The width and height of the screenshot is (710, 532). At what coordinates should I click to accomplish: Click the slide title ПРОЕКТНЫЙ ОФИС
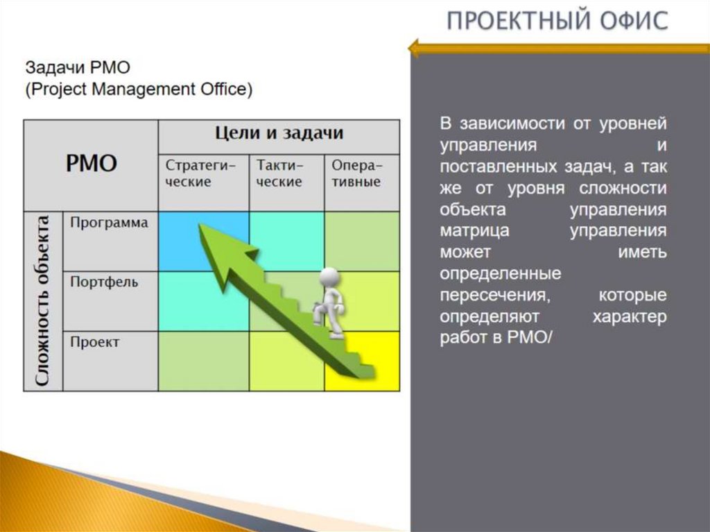click(557, 21)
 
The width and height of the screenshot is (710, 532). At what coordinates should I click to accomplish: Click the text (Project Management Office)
click(139, 89)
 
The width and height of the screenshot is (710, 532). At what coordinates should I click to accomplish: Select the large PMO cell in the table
click(91, 164)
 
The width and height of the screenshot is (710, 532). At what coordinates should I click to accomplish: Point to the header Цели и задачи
click(279, 133)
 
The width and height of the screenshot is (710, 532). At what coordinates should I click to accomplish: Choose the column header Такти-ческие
click(286, 173)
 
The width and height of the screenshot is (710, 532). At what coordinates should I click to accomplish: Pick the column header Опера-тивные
click(361, 173)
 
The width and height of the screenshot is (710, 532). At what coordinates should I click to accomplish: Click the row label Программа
click(110, 223)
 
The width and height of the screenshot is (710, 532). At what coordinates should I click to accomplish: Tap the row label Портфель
click(104, 282)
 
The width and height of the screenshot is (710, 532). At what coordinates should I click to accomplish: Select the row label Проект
click(95, 342)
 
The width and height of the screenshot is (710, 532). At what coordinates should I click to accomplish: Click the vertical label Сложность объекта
click(43, 300)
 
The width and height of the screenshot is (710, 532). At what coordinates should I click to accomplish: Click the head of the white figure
click(330, 277)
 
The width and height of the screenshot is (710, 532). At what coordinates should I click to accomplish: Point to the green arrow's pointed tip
click(202, 226)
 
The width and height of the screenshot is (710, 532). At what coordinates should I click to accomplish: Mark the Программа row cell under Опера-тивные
click(361, 241)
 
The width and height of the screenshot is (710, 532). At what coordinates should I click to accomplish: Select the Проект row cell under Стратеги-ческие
click(202, 361)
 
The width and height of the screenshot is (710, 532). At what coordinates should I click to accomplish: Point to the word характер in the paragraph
click(629, 316)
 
